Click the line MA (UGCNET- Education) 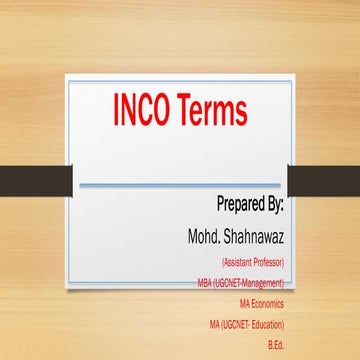[x=247, y=324]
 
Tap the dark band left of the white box [x=36, y=180]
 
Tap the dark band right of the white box [x=326, y=180]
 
